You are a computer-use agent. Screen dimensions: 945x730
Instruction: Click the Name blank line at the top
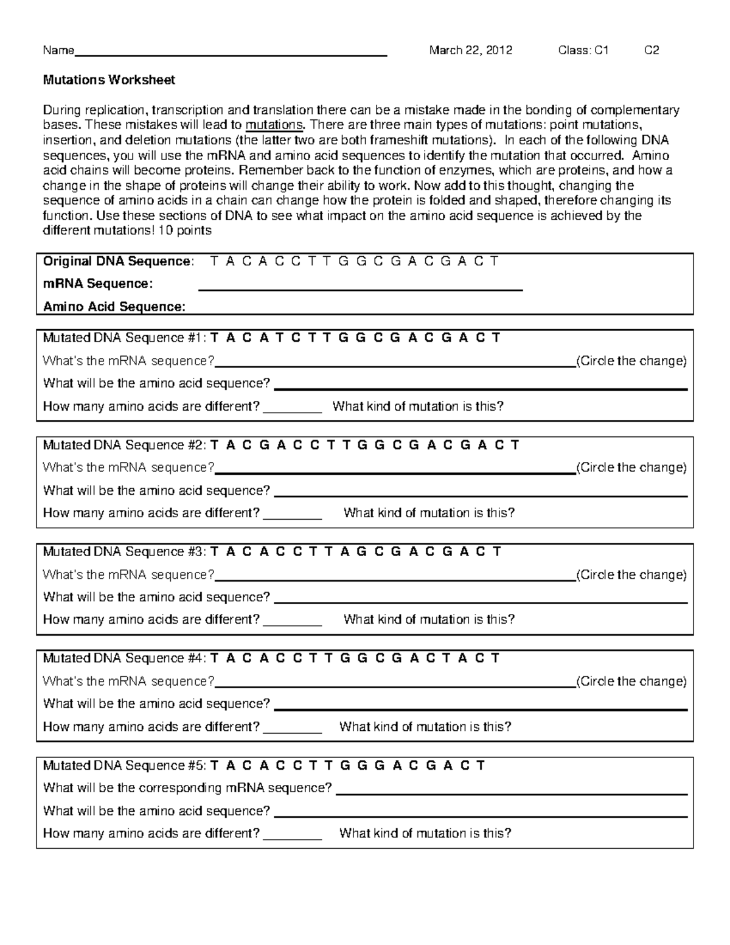tap(231, 52)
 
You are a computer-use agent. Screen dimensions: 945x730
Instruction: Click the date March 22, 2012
tap(470, 51)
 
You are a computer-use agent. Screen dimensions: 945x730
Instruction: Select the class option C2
tap(652, 51)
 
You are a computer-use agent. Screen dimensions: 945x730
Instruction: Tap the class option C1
tap(600, 51)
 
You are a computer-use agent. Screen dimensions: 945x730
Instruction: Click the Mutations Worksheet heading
tap(109, 80)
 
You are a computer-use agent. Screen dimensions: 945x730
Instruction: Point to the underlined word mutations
tap(274, 125)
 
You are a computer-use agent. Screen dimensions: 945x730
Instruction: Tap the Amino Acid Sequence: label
tap(114, 307)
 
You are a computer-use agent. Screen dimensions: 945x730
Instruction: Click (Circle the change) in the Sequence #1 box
tap(631, 361)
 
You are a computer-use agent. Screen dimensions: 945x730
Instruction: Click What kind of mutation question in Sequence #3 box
tap(429, 619)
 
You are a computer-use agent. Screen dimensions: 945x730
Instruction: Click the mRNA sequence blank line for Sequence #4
tap(395, 684)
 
